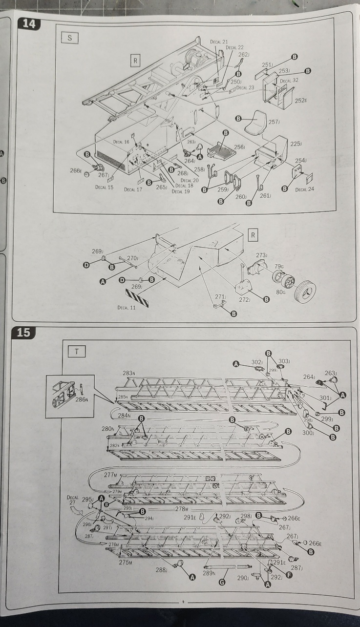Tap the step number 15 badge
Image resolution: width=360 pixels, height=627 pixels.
tap(23, 333)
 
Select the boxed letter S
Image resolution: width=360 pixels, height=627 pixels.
tap(69, 39)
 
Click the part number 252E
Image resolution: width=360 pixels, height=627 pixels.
tap(300, 101)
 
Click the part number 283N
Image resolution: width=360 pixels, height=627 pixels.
tap(128, 373)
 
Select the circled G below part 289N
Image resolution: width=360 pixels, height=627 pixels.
tap(222, 583)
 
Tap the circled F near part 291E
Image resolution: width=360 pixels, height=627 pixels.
tap(289, 575)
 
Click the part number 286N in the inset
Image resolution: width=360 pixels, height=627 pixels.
tap(81, 399)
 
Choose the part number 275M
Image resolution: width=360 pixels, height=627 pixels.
tap(126, 562)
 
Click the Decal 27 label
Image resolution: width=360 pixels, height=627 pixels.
tap(72, 500)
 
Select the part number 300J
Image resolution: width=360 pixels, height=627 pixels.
tap(307, 433)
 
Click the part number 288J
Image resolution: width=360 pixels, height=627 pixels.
tap(161, 569)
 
